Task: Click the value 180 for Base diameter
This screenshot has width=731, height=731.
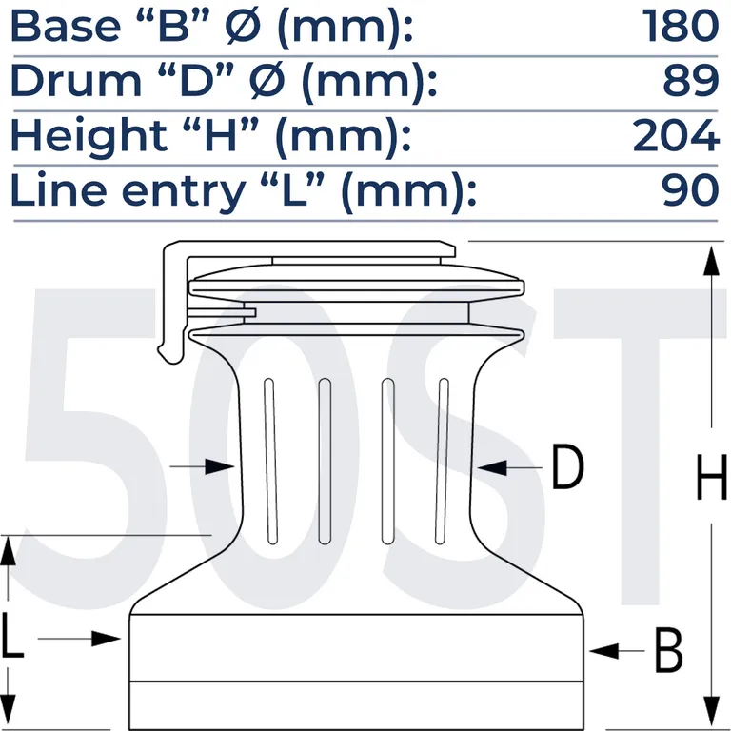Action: click(x=681, y=26)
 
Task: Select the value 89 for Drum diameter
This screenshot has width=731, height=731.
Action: click(x=691, y=80)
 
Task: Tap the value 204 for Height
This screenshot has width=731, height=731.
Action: click(x=676, y=135)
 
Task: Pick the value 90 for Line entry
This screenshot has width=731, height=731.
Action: click(x=690, y=189)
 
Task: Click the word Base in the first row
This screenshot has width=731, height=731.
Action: click(x=66, y=26)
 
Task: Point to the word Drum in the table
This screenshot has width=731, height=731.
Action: click(x=76, y=80)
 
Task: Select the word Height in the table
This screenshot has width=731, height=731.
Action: click(x=89, y=135)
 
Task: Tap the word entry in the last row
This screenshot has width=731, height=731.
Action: click(x=183, y=192)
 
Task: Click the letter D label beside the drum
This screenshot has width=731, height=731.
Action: click(x=567, y=467)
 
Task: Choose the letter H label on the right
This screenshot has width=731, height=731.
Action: click(x=711, y=478)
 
